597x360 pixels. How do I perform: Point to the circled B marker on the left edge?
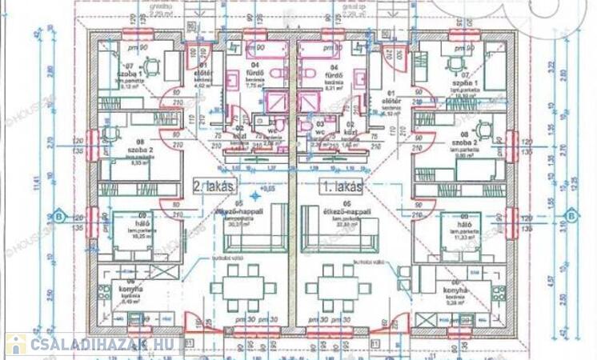58,216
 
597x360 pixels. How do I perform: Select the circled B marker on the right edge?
571,216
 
